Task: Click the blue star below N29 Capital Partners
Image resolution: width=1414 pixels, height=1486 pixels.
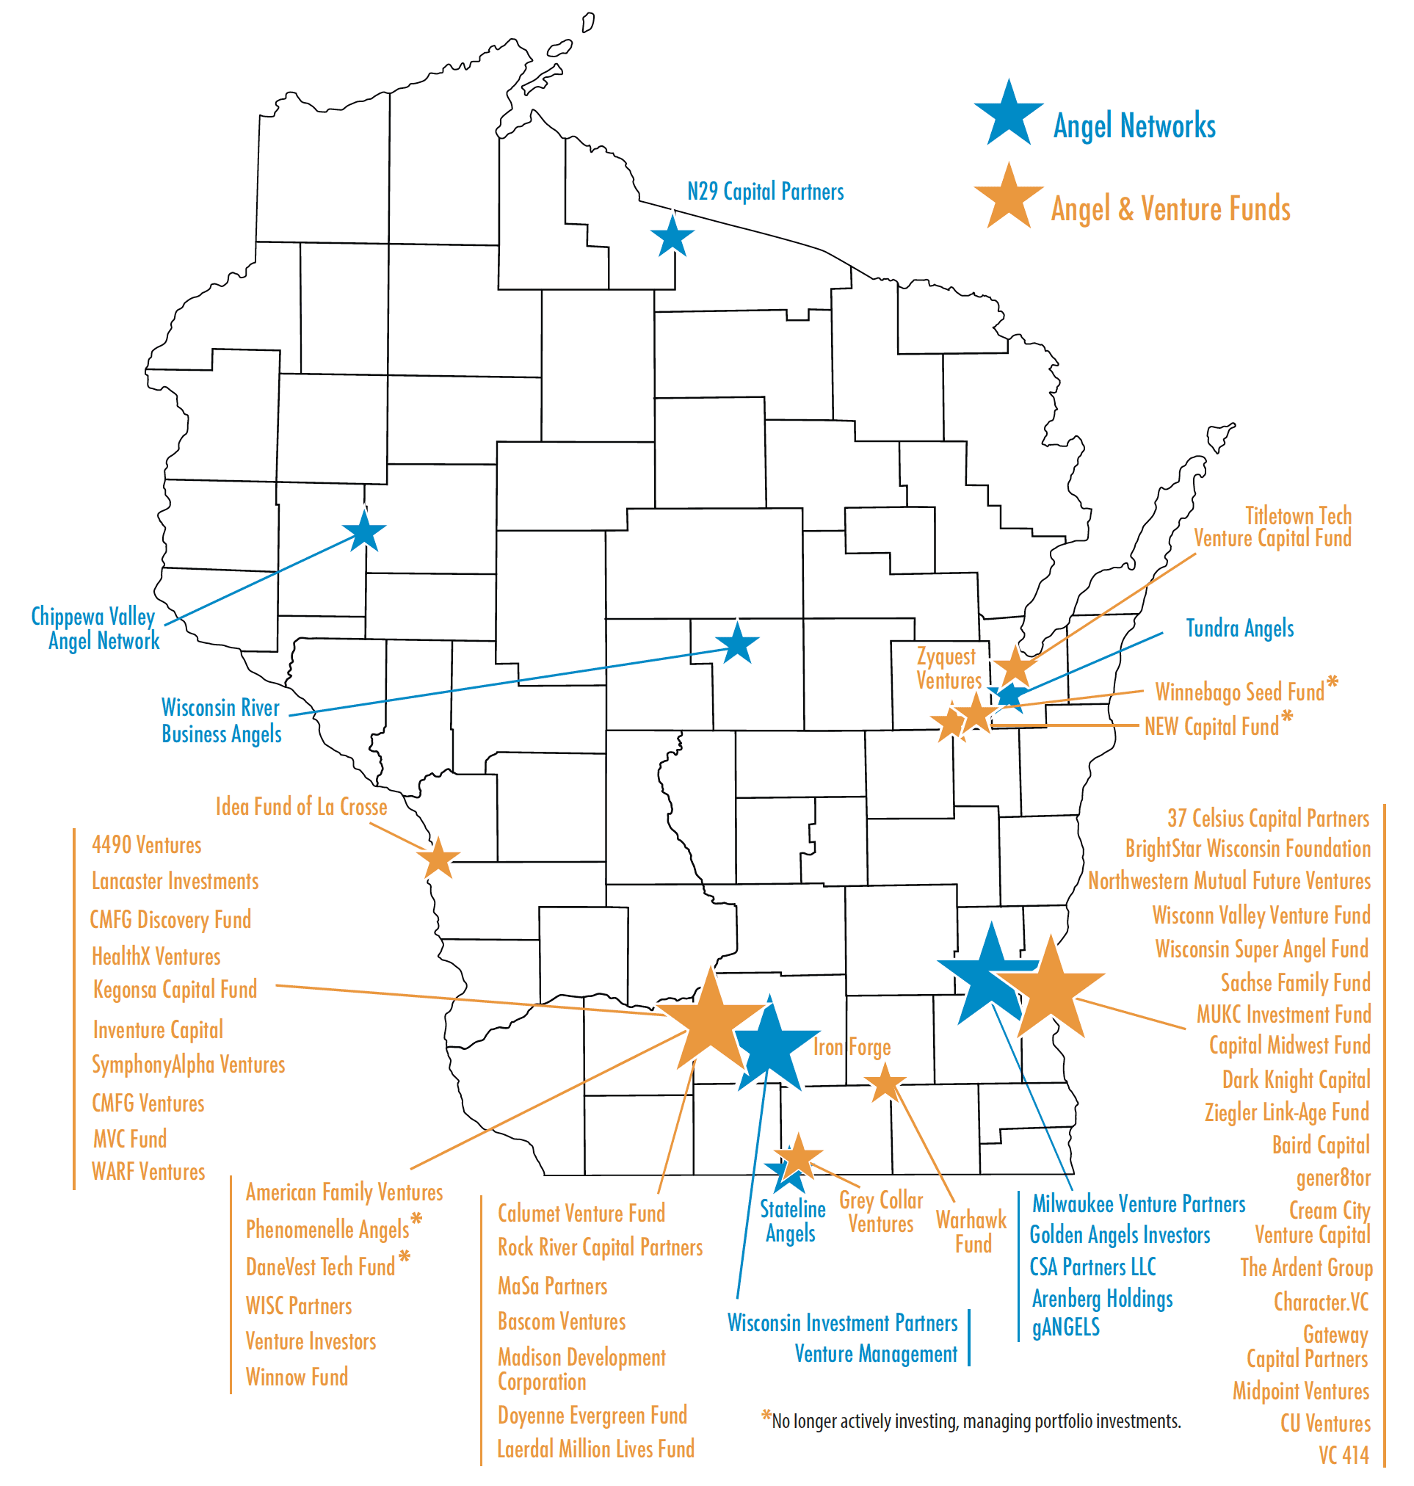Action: (672, 236)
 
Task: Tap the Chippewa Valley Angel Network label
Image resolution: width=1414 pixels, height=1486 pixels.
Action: (95, 628)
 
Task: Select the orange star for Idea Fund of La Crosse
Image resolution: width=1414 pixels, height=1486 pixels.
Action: (437, 859)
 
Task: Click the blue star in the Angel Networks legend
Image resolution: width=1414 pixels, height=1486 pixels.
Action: (1008, 115)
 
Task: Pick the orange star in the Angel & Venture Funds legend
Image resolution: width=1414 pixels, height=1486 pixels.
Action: (1008, 197)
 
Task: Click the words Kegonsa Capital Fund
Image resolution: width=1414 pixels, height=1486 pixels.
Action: (175, 989)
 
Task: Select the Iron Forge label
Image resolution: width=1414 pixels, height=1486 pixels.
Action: (852, 1047)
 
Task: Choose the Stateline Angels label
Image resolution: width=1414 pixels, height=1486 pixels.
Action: (791, 1222)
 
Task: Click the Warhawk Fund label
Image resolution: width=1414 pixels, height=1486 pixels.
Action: (971, 1232)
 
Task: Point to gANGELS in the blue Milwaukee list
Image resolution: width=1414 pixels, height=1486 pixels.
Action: (1065, 1327)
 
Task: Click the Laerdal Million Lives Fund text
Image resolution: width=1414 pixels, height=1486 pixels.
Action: (595, 1449)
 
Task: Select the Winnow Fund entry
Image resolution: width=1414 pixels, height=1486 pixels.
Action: (297, 1377)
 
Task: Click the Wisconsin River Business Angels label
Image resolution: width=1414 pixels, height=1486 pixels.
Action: (221, 721)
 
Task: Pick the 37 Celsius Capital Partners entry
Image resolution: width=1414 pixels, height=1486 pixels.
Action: (1268, 818)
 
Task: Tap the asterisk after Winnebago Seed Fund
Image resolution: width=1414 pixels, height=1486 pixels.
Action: (1333, 683)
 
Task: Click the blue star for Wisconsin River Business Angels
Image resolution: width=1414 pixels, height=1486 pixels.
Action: (736, 643)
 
